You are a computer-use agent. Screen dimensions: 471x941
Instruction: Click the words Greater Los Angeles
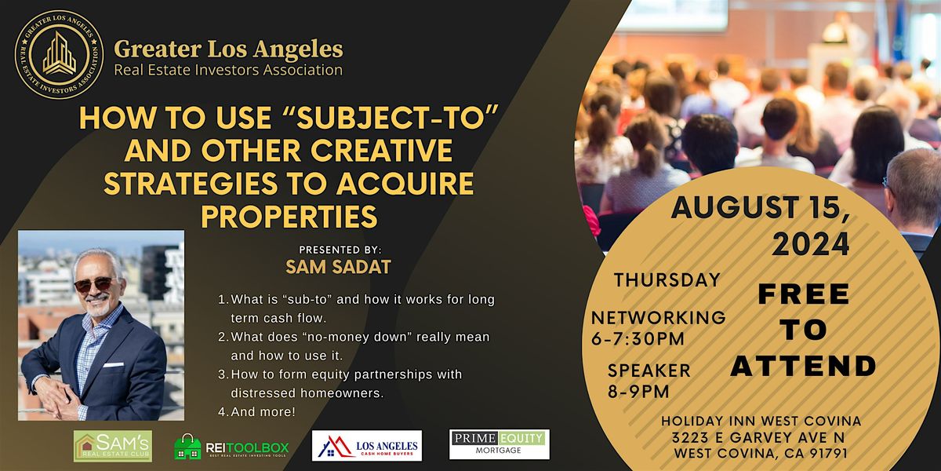pyautogui.click(x=228, y=49)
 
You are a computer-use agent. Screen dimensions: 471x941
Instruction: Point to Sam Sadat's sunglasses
pyautogui.click(x=93, y=284)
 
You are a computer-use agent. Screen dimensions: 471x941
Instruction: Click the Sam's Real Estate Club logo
pyautogui.click(x=113, y=446)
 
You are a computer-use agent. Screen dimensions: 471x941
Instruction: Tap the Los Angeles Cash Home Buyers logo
pyautogui.click(x=367, y=446)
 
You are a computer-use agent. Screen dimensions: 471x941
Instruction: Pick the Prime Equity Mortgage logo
pyautogui.click(x=500, y=444)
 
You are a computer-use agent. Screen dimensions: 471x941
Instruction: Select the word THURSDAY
pyautogui.click(x=667, y=279)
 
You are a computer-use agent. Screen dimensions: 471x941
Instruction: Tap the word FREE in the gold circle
pyautogui.click(x=804, y=294)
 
